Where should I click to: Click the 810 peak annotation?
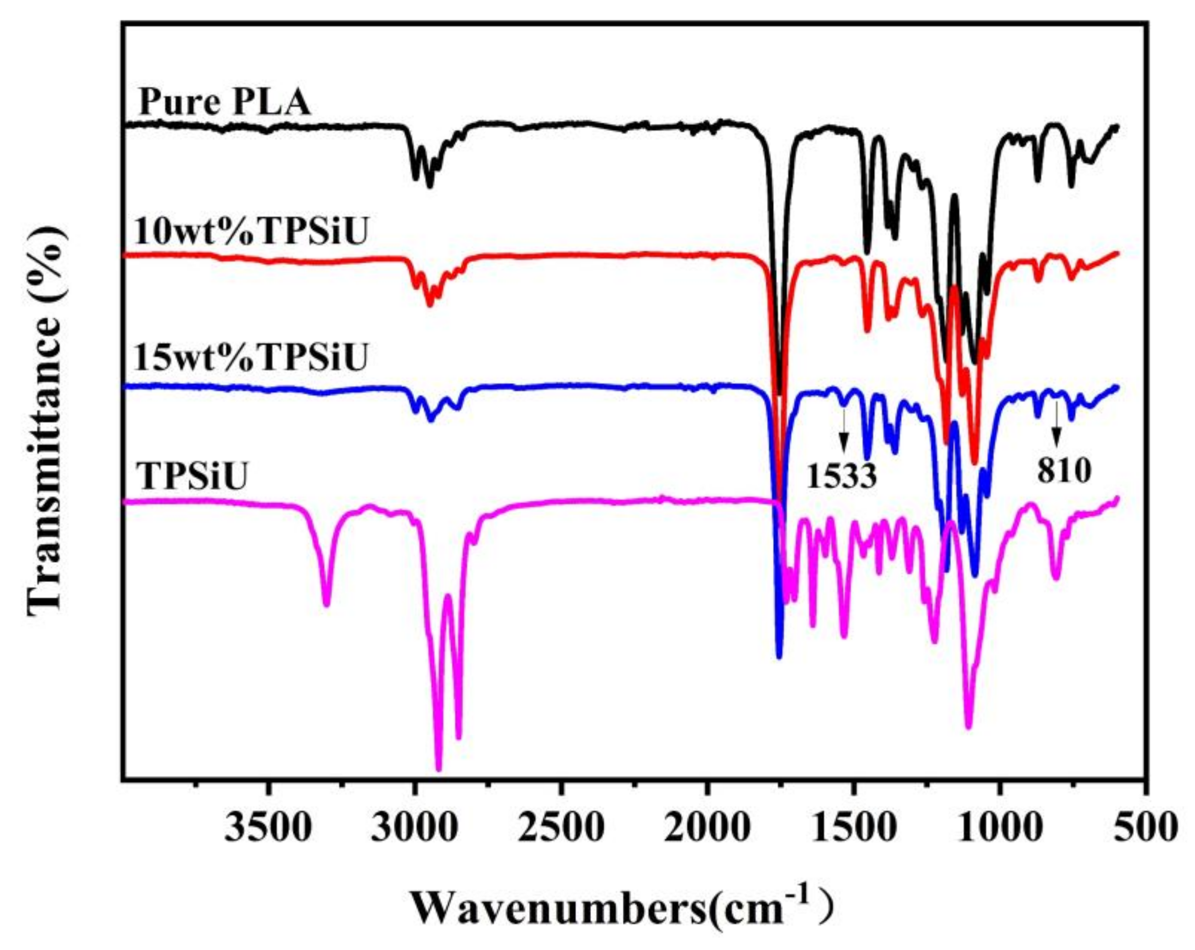pyautogui.click(x=1064, y=472)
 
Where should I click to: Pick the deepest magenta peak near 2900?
pyautogui.click(x=439, y=769)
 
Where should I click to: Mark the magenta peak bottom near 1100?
pyautogui.click(x=968, y=726)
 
